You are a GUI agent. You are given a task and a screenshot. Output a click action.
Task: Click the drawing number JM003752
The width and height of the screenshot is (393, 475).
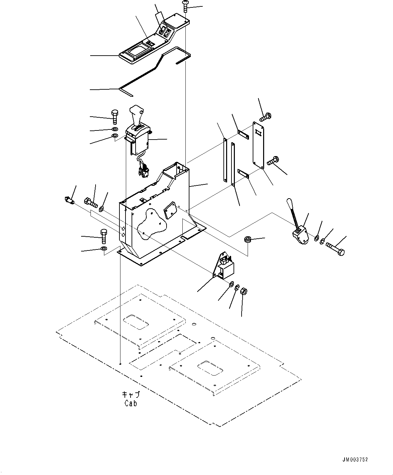point(355,459)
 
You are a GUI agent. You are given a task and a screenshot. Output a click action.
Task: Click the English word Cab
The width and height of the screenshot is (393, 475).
point(131,403)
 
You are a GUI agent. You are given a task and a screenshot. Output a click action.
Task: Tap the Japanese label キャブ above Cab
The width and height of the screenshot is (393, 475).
point(131,395)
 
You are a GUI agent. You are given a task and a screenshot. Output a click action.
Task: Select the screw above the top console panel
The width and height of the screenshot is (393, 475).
point(185,6)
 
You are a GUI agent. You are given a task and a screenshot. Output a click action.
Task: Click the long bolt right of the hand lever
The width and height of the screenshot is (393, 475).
point(335,249)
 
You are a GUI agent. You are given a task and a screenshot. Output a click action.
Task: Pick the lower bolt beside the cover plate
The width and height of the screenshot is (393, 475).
point(273,161)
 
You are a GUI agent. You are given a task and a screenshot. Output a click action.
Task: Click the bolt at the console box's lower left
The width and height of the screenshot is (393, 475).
point(104,236)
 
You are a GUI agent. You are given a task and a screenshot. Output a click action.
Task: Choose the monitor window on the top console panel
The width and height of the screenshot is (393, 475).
point(138,51)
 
